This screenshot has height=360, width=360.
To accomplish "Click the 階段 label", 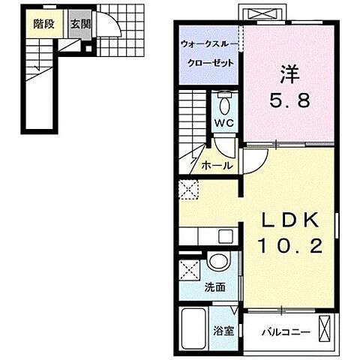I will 43,22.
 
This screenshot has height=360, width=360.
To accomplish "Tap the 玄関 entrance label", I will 79,22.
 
